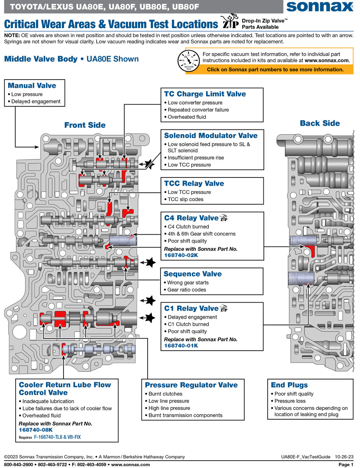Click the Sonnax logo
(319, 7)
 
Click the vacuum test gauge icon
(189, 61)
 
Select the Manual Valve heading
(32, 85)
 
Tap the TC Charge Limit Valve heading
(205, 94)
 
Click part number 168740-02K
(181, 255)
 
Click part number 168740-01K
(181, 346)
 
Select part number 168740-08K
(36, 430)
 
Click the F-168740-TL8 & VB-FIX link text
(57, 437)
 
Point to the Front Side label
(85, 125)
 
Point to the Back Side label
(320, 123)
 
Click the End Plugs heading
(289, 385)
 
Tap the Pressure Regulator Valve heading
(191, 385)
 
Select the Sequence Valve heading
(192, 274)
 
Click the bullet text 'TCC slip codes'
(185, 199)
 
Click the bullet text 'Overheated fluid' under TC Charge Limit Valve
(187, 117)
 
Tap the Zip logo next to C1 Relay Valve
(224, 308)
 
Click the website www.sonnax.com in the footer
(130, 464)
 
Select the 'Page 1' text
(346, 464)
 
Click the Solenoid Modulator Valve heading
(211, 135)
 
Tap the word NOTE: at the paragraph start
(12, 35)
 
